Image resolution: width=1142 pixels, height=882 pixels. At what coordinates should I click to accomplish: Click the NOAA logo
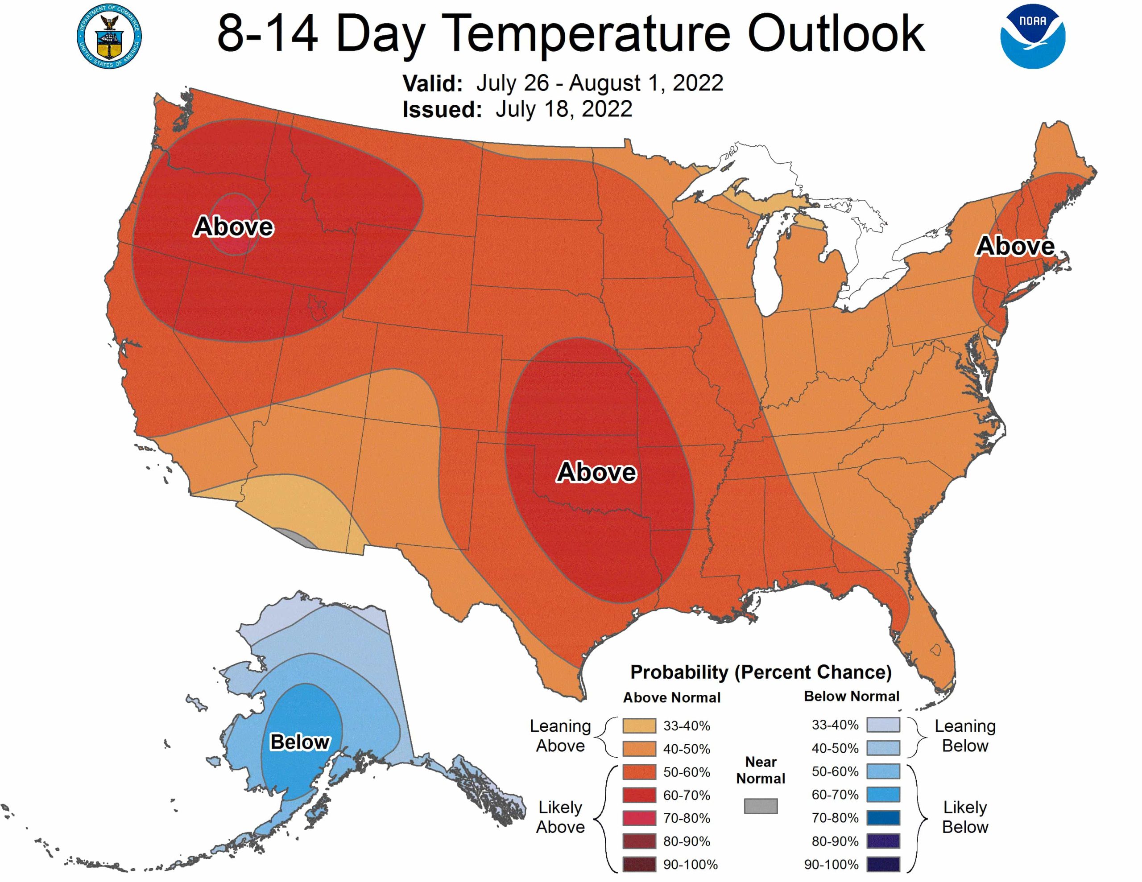click(1032, 36)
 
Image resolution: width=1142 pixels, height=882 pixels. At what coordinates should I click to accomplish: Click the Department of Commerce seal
click(109, 36)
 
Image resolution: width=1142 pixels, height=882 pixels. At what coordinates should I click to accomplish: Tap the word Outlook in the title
click(836, 34)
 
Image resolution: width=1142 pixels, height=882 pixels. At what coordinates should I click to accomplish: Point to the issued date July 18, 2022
click(564, 109)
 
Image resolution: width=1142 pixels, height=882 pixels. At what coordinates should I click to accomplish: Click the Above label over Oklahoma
click(596, 472)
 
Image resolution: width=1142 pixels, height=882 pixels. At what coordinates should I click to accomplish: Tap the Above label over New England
click(1015, 246)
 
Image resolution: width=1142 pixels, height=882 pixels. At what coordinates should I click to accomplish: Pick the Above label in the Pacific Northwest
click(233, 227)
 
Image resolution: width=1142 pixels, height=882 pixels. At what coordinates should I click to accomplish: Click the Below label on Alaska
click(300, 742)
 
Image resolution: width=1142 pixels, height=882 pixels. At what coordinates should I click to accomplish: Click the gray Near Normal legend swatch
click(760, 806)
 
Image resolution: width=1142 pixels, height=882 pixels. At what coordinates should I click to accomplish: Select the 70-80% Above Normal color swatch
click(638, 818)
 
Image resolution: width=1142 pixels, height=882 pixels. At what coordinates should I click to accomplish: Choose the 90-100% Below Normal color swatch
click(883, 865)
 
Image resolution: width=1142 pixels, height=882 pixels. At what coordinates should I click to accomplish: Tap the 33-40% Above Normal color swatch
click(638, 725)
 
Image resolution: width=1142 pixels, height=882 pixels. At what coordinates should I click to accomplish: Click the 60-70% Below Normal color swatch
click(883, 795)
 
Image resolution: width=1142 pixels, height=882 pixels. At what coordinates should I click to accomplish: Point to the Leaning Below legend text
click(965, 736)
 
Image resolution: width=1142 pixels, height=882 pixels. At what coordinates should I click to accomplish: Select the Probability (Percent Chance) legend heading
click(761, 672)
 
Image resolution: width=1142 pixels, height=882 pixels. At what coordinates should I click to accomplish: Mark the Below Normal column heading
click(851, 697)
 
